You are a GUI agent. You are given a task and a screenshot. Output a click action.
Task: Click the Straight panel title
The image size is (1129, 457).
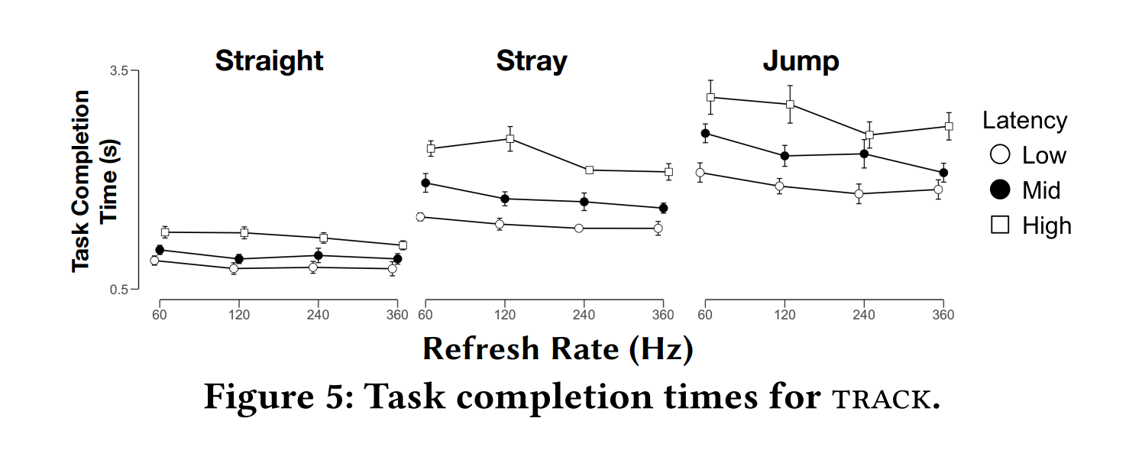(269, 60)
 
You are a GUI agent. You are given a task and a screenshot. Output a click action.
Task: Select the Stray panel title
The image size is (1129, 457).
(532, 60)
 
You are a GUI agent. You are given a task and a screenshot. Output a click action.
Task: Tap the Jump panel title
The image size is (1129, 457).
(801, 60)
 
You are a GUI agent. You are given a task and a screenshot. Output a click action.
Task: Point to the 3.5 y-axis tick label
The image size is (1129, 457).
(120, 70)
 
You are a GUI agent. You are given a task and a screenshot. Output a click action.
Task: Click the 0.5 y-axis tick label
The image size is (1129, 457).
(120, 289)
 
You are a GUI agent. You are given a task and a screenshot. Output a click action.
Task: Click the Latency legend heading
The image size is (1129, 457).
(1024, 121)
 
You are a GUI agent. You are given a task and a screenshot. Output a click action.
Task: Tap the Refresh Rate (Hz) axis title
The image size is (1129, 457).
(558, 348)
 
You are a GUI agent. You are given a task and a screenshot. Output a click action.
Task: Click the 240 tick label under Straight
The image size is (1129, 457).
(318, 314)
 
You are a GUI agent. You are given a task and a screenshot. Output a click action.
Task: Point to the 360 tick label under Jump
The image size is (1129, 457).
(943, 314)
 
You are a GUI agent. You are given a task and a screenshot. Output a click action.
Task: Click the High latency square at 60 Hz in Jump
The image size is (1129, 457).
(710, 97)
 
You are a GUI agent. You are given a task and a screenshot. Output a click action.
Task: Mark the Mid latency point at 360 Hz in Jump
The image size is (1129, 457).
(943, 173)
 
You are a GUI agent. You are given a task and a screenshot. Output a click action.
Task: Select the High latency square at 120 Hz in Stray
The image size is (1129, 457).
(510, 139)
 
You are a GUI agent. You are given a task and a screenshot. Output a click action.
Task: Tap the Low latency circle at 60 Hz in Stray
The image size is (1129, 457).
(420, 217)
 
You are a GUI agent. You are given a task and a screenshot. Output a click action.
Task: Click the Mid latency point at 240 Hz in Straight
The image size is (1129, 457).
(318, 255)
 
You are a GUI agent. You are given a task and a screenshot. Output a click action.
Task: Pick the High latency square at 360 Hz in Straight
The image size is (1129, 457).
(403, 245)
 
